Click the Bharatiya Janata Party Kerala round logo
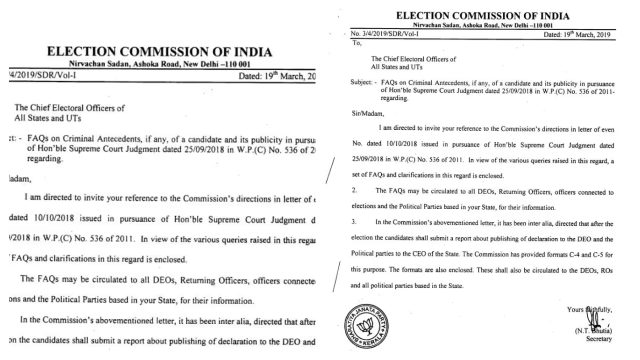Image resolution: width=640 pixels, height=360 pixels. coord(365,326)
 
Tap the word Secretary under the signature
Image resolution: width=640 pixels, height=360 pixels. coord(598,339)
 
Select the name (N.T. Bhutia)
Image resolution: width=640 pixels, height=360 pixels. coord(593,330)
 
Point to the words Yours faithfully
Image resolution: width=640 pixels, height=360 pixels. coord(589,309)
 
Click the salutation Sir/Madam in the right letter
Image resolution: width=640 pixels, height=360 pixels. coord(365,113)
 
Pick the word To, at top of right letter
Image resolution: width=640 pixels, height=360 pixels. coord(356,43)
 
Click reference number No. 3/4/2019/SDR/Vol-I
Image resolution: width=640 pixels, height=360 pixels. coord(384,34)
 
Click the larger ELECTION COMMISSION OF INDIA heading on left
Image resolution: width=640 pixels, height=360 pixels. coord(159,52)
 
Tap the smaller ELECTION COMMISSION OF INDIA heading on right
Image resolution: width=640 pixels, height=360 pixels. coord(482,16)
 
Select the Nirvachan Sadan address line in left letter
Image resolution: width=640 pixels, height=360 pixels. coord(160,64)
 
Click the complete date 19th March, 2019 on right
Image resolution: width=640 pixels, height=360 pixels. coord(576,34)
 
